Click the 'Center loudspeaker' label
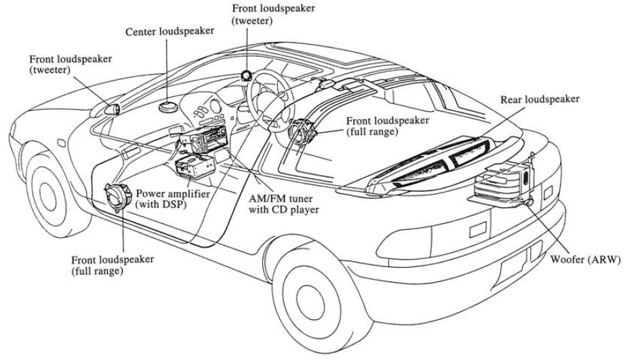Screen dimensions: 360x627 click(170, 31)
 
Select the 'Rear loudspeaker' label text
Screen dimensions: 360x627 click(540, 99)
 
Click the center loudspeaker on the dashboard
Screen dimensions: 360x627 click(167, 105)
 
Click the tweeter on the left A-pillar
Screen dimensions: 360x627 click(113, 107)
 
